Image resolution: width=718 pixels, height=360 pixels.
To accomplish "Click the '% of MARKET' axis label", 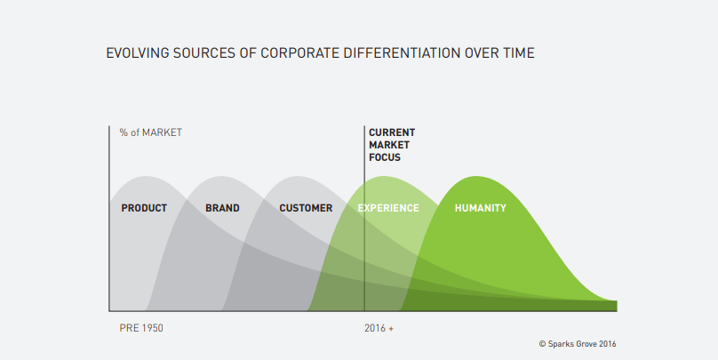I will [150, 132].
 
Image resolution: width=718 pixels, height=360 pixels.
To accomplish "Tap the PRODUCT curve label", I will [144, 208].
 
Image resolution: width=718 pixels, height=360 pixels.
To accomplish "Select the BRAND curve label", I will [222, 208].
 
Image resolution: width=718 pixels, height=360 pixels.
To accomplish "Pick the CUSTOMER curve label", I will [306, 208].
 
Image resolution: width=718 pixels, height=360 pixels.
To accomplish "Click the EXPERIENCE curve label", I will [387, 208].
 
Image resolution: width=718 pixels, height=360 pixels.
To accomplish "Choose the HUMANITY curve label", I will [480, 208].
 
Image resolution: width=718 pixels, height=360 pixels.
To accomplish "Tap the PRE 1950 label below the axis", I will [141, 328].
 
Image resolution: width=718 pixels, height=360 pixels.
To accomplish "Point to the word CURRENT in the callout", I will [392, 132].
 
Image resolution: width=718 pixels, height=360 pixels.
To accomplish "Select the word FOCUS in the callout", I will [385, 157].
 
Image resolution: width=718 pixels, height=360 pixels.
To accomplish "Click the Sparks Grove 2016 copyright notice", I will [578, 343].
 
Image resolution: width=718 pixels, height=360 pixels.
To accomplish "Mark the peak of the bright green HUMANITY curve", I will [477, 176].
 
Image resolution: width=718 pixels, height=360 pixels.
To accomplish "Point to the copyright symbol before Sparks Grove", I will [542, 343].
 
